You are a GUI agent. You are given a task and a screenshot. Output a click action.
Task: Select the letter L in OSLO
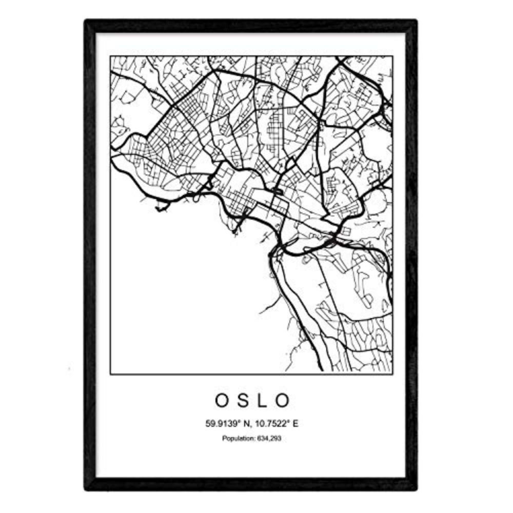pyautogui.click(x=266, y=401)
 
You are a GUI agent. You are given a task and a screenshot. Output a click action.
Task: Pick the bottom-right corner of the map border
pyautogui.click(x=392, y=374)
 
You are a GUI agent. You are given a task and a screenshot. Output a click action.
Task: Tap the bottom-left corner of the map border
pyautogui.click(x=110, y=374)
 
